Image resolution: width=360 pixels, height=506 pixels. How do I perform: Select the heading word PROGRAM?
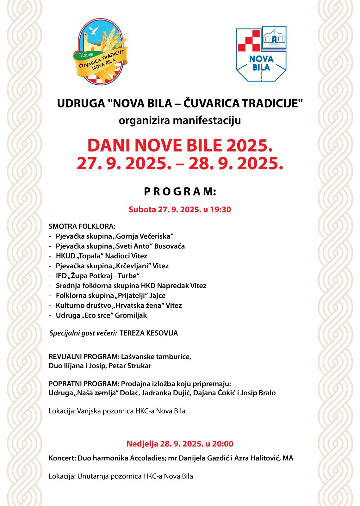tap(180, 192)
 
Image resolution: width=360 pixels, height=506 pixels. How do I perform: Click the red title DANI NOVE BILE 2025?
tap(180, 145)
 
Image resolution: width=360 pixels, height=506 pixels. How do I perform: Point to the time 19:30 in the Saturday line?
tap(221, 209)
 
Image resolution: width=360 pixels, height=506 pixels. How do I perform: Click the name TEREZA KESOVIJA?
tap(149, 333)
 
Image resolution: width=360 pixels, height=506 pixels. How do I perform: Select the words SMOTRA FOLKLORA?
tap(82, 226)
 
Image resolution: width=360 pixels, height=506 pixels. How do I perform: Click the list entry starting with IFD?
tap(98, 276)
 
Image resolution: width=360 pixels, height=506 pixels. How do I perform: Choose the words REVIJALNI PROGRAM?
tap(84, 357)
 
